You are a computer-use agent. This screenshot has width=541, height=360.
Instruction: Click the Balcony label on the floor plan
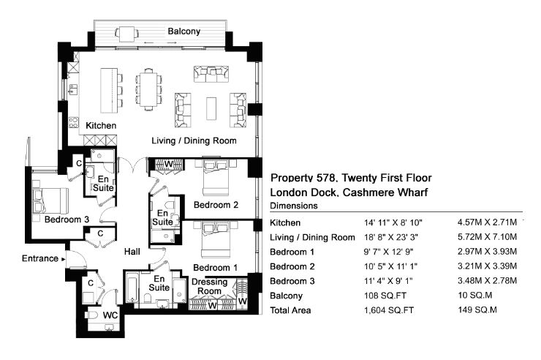(x=184, y=31)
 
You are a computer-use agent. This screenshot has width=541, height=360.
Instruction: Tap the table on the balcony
(x=126, y=34)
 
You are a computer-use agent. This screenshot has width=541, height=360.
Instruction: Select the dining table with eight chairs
(x=148, y=89)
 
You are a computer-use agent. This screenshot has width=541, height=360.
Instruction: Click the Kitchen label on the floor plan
(x=101, y=126)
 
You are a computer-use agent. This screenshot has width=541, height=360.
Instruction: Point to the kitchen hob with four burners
(x=74, y=122)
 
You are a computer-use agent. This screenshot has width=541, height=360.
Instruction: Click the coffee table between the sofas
(x=211, y=108)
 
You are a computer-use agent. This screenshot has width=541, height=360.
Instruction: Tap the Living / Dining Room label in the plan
(x=194, y=140)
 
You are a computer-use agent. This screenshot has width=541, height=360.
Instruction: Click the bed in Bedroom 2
(x=215, y=177)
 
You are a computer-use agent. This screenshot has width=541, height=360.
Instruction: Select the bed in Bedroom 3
(x=50, y=201)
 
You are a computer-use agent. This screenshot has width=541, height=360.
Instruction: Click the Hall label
(x=132, y=252)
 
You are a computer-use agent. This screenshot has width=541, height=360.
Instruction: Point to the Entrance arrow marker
(x=63, y=259)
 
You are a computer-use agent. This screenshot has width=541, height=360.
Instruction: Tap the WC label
(x=110, y=315)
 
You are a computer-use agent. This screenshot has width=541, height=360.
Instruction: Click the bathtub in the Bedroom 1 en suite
(x=132, y=288)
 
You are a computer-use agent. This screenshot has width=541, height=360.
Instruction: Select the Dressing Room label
(x=209, y=287)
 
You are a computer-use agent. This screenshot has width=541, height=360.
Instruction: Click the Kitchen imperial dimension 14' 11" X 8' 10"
(x=393, y=223)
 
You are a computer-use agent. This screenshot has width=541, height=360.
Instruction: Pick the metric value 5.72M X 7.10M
(x=487, y=237)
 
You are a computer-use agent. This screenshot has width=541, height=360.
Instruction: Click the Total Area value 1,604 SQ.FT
(x=389, y=310)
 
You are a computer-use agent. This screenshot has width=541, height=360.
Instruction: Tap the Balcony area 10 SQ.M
(x=474, y=296)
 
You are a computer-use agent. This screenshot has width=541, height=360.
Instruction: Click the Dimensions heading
(x=294, y=206)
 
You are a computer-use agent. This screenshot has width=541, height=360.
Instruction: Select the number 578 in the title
(x=326, y=178)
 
